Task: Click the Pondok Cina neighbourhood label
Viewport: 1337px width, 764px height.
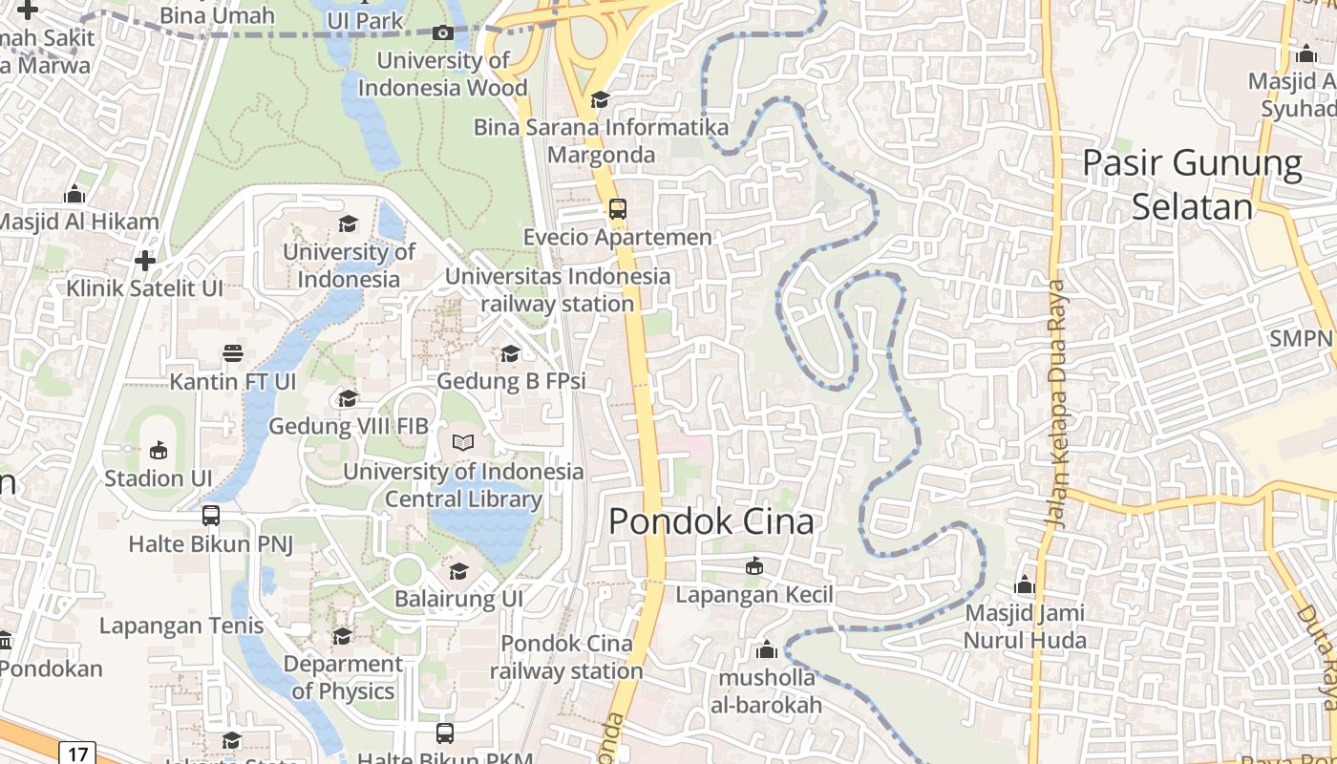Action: (x=711, y=521)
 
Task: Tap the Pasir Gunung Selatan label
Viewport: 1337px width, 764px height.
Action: (x=1192, y=185)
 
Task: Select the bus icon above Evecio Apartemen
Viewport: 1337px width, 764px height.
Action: (x=618, y=209)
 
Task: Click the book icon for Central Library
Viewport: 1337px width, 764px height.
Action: (x=463, y=443)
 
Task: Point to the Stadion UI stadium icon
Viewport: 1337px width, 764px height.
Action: (x=159, y=450)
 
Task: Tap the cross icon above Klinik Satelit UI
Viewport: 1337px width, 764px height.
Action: (x=145, y=260)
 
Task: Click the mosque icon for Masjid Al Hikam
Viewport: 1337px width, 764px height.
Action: (x=74, y=195)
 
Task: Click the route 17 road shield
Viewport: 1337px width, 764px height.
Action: (x=77, y=753)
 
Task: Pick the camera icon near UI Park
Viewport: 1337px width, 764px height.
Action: (x=442, y=33)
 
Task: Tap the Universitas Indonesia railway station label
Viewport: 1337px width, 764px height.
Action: (x=559, y=290)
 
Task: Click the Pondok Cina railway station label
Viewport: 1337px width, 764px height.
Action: (x=566, y=657)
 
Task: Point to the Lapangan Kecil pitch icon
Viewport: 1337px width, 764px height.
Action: (x=754, y=566)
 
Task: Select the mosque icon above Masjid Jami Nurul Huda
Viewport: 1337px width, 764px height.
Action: (x=1025, y=584)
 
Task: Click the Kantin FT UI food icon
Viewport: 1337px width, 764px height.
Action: (x=233, y=353)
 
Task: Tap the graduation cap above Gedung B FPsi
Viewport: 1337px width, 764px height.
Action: (x=511, y=354)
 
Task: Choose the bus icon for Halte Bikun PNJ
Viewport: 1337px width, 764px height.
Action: (x=211, y=516)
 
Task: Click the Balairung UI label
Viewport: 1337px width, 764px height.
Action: (x=459, y=599)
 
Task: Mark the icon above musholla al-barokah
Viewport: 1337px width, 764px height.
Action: (x=766, y=650)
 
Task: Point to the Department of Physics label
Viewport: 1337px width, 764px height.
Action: (x=343, y=676)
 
